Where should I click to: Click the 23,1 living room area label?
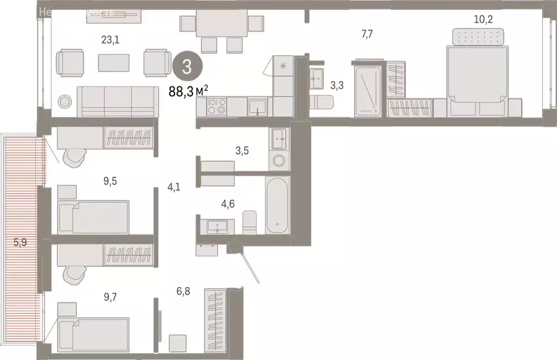[110, 40]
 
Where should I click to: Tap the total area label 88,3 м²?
[188, 92]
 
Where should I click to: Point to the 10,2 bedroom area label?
[483, 19]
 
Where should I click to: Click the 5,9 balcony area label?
[20, 242]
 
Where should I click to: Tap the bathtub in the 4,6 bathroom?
[277, 205]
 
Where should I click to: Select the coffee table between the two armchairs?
[114, 62]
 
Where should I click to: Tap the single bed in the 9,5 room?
[93, 216]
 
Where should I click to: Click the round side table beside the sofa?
[64, 101]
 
